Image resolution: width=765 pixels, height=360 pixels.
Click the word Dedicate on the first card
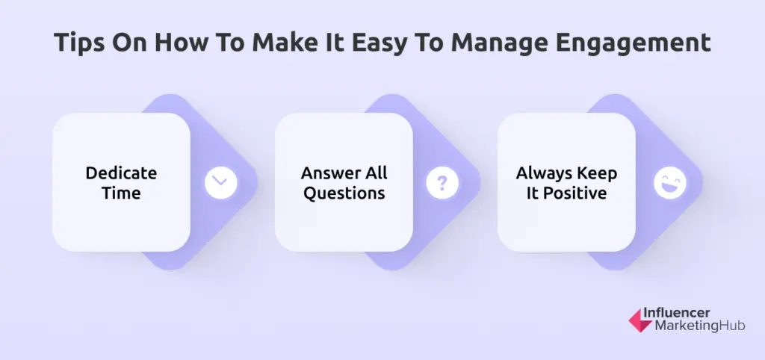click(x=121, y=173)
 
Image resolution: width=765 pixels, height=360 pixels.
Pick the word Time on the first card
click(x=121, y=193)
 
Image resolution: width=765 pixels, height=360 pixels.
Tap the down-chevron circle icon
click(x=220, y=182)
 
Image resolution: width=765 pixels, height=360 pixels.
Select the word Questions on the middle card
click(x=344, y=193)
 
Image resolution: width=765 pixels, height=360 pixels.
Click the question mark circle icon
click(x=442, y=182)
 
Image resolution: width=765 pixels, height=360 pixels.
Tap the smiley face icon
click(x=669, y=182)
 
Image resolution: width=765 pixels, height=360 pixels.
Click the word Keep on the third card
click(x=599, y=173)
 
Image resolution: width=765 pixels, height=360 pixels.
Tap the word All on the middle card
click(x=377, y=173)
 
